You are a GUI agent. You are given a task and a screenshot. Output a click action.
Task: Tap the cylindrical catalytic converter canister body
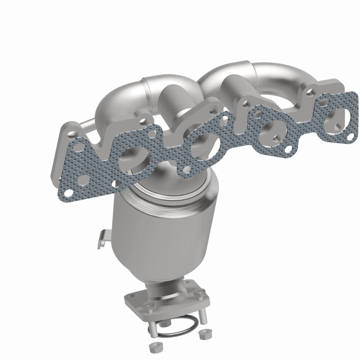pos(148,234)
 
